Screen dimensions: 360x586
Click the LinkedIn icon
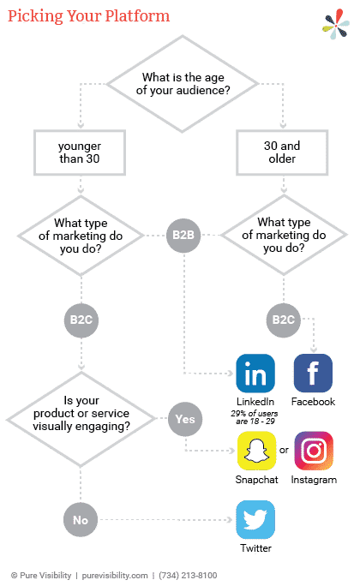pyautogui.click(x=255, y=373)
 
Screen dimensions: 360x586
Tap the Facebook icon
pyautogui.click(x=313, y=373)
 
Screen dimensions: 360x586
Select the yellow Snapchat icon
pyautogui.click(x=257, y=451)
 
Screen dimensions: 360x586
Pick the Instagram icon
pyautogui.click(x=314, y=451)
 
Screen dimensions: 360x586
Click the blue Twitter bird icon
pyautogui.click(x=255, y=519)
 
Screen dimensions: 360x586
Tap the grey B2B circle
pyautogui.click(x=183, y=235)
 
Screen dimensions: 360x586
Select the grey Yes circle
pyautogui.click(x=185, y=419)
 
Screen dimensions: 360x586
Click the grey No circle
pyautogui.click(x=81, y=520)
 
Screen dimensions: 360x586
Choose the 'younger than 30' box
pyautogui.click(x=80, y=152)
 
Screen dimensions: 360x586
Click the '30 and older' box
pyautogui.click(x=282, y=152)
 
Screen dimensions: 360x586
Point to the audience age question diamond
pyautogui.click(x=183, y=84)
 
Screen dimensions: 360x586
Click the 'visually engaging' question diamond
pyautogui.click(x=81, y=419)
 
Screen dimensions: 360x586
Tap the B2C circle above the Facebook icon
pyautogui.click(x=284, y=320)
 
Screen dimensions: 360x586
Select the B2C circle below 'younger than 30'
pyautogui.click(x=81, y=320)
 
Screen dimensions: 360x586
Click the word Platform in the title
pyautogui.click(x=137, y=16)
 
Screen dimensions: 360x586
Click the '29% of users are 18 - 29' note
pyautogui.click(x=255, y=417)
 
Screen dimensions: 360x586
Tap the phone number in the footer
pyautogui.click(x=188, y=575)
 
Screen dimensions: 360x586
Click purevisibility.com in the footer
pyautogui.click(x=115, y=575)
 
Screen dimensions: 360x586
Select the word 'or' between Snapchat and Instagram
pyautogui.click(x=284, y=450)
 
